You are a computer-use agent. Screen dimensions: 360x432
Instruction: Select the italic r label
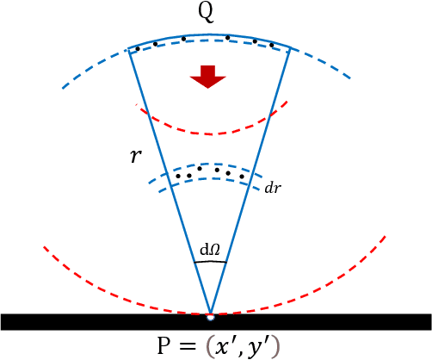[135, 157]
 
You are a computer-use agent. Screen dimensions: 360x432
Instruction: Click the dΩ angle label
[211, 251]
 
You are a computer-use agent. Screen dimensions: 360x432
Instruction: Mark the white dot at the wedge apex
[210, 317]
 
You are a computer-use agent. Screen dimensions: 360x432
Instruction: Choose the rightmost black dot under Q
[272, 45]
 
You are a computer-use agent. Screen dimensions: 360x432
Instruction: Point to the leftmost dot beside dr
[177, 176]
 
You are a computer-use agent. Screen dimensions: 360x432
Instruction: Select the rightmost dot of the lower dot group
[242, 177]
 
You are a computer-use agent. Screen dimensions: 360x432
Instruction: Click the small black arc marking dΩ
[212, 262]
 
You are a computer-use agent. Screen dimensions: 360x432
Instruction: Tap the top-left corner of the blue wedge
[128, 47]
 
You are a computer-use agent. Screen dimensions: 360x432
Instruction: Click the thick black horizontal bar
[86, 322]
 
